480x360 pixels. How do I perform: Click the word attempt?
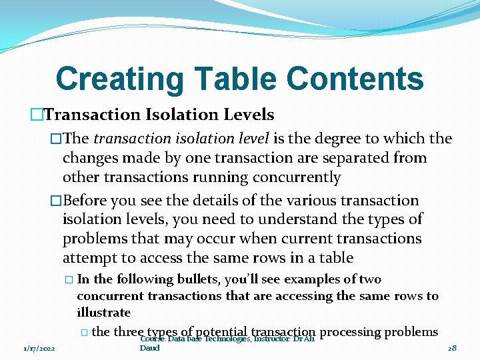tap(88, 257)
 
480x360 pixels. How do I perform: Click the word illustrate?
tap(103, 312)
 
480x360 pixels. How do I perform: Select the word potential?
tap(223, 332)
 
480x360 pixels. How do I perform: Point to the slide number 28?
tap(451, 349)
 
